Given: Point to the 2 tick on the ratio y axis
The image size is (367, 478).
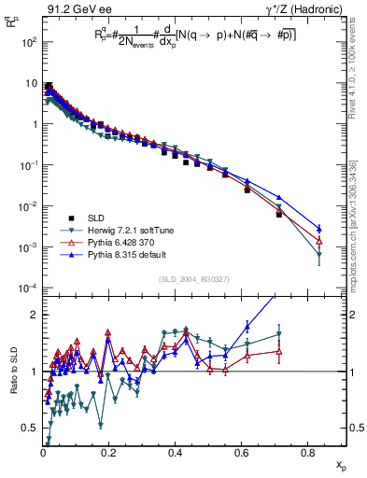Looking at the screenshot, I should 34,315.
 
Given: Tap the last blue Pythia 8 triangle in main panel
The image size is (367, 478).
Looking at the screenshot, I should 319,228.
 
